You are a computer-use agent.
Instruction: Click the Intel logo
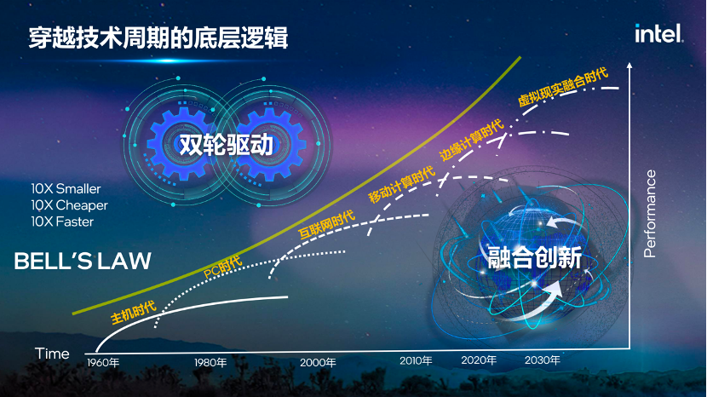pos(658,33)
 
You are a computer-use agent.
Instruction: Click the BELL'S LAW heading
pos(83,261)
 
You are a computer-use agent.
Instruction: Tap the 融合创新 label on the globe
pos(534,256)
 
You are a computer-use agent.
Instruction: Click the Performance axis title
pos(650,213)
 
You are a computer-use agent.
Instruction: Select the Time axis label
pos(52,354)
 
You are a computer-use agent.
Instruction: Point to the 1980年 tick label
pos(210,362)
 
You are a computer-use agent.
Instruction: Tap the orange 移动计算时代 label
pos(401,183)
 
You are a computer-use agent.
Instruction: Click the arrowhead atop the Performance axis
pos(629,65)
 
